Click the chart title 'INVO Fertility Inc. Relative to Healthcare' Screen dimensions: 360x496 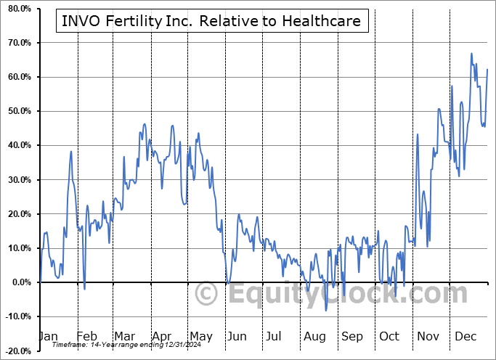point(211,21)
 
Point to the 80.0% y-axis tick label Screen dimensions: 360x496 point(17,9)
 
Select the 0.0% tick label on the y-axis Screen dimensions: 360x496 point(20,282)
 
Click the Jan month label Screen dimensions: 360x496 point(47,337)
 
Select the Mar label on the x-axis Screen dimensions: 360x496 point(123,337)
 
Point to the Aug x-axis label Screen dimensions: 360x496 point(314,337)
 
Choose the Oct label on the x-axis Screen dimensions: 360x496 point(389,337)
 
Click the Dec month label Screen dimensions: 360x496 point(465,337)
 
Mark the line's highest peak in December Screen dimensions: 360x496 point(472,54)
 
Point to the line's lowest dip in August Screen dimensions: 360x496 point(326,311)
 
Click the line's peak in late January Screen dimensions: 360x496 point(71,151)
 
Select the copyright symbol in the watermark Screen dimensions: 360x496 point(207,295)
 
